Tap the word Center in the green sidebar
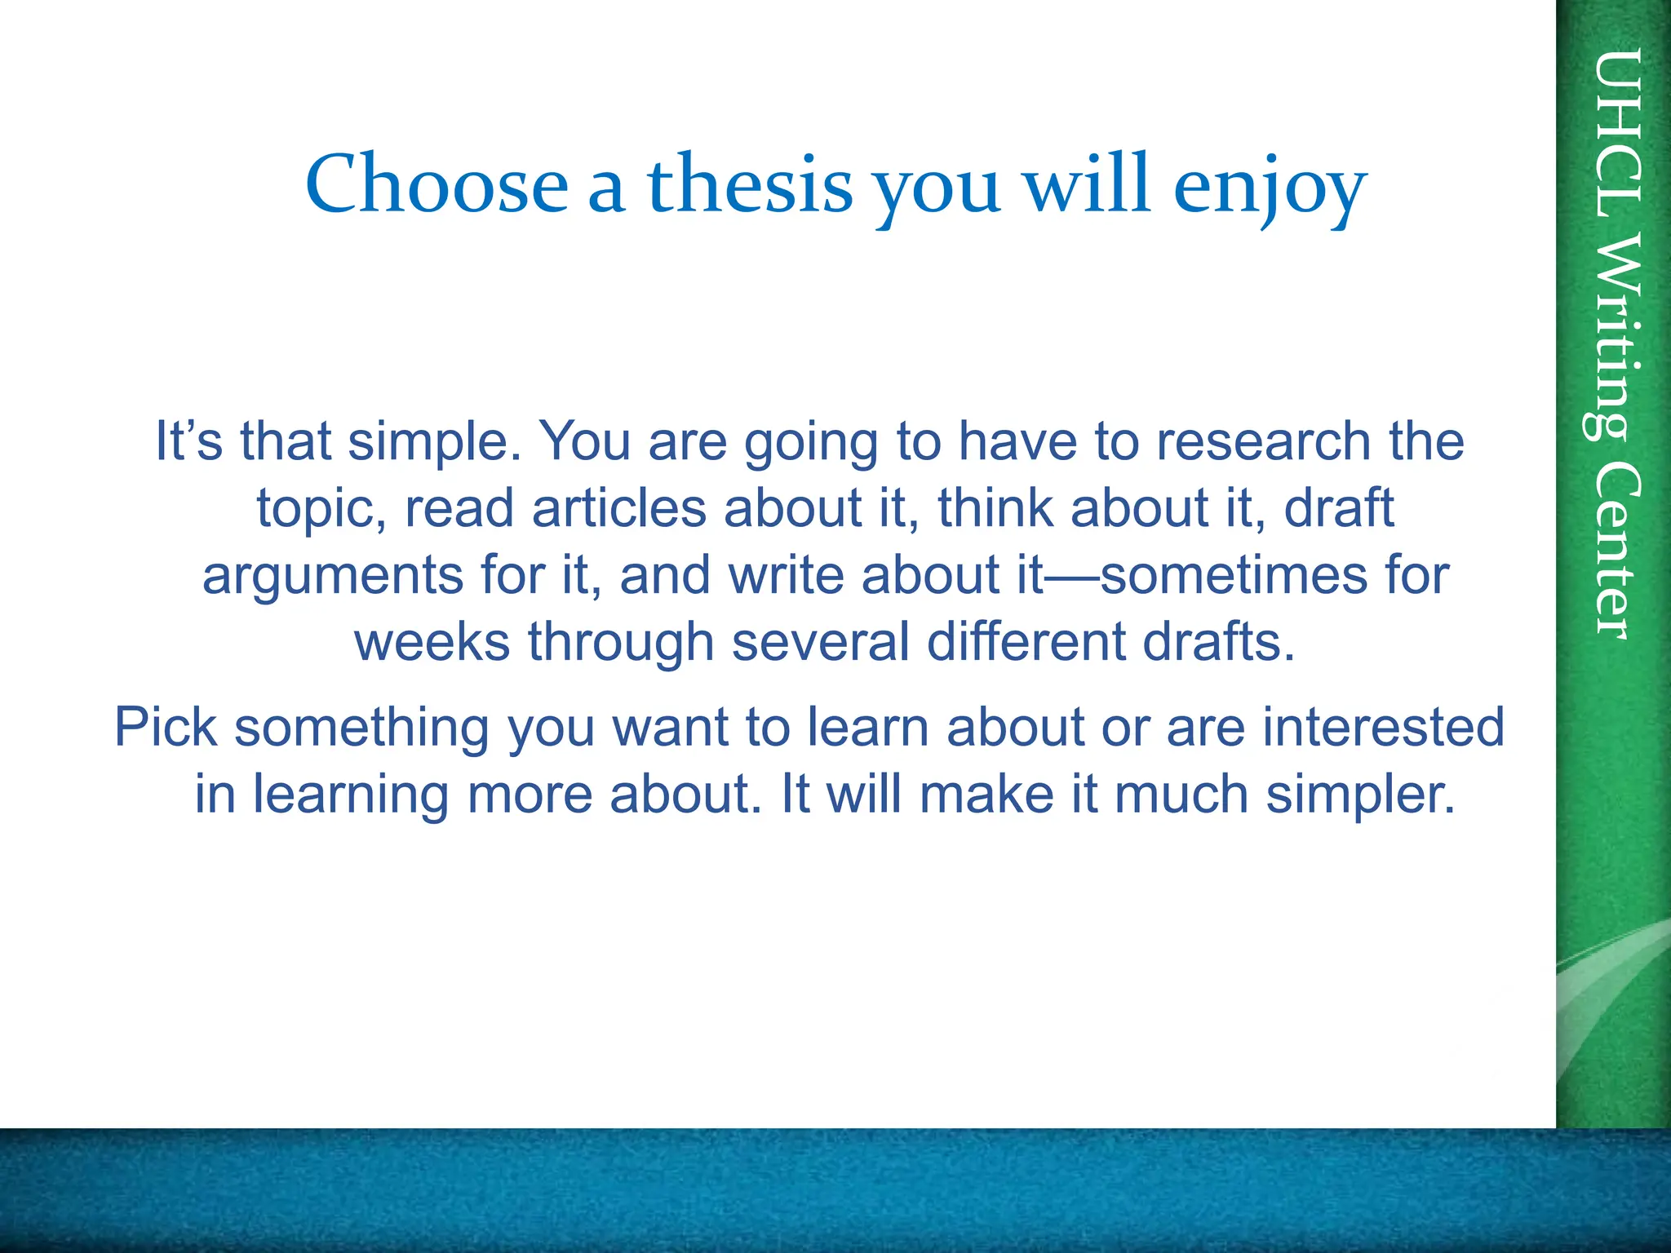click(x=1616, y=551)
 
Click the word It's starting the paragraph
click(x=188, y=441)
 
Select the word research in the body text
click(x=1265, y=441)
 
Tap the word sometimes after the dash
click(x=1233, y=575)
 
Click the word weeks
click(x=432, y=642)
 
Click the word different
click(x=1026, y=642)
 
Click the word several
click(x=820, y=642)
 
